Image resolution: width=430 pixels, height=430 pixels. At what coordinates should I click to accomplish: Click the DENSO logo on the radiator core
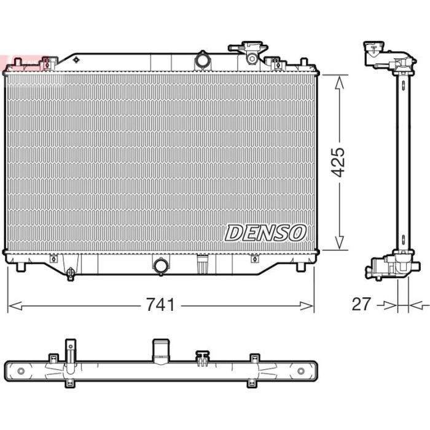[x=265, y=233]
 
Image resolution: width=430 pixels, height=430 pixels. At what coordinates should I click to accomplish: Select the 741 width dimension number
[x=160, y=305]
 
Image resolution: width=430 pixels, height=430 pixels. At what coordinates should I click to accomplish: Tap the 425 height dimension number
[x=337, y=162]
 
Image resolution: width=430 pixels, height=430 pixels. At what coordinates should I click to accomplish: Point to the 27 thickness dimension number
[x=361, y=304]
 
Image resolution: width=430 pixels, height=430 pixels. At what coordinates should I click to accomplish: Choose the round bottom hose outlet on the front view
[x=161, y=266]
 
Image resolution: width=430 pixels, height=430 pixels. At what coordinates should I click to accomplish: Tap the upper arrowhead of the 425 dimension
[x=340, y=82]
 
